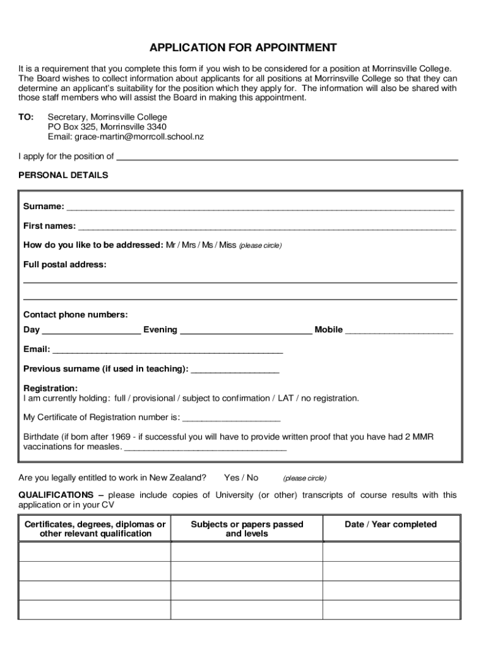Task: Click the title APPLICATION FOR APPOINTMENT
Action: click(x=243, y=48)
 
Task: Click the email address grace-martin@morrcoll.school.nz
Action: click(x=139, y=136)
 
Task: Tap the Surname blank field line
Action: click(x=260, y=207)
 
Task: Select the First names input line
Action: click(x=266, y=226)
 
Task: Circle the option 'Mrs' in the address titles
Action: click(x=189, y=245)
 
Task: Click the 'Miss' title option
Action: click(x=227, y=245)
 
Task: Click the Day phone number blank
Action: click(x=92, y=330)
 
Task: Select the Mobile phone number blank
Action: click(x=399, y=330)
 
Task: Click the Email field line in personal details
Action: click(x=167, y=349)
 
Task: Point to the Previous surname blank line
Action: click(x=235, y=369)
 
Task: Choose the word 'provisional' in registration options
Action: click(x=153, y=399)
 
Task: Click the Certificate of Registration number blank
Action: click(x=231, y=418)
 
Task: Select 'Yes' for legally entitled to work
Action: click(x=232, y=478)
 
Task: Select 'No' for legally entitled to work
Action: click(x=252, y=478)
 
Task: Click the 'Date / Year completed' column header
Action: click(x=391, y=524)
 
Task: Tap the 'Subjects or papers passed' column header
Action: click(x=247, y=529)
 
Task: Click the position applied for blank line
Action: click(x=287, y=157)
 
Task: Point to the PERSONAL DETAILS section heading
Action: click(x=63, y=175)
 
